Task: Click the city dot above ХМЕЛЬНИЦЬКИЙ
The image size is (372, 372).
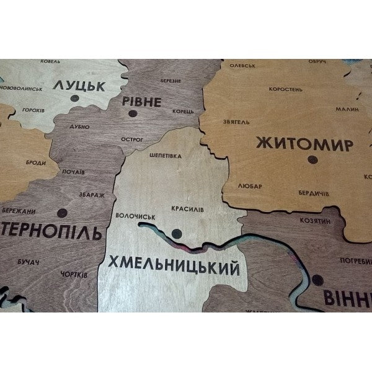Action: (177, 234)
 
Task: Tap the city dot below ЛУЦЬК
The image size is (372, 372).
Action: (74, 99)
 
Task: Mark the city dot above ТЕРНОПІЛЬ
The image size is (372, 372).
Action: (61, 214)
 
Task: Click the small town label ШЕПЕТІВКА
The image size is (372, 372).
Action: (166, 156)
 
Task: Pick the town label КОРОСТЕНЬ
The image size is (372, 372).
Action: (285, 89)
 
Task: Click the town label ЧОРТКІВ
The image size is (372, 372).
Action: (74, 273)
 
